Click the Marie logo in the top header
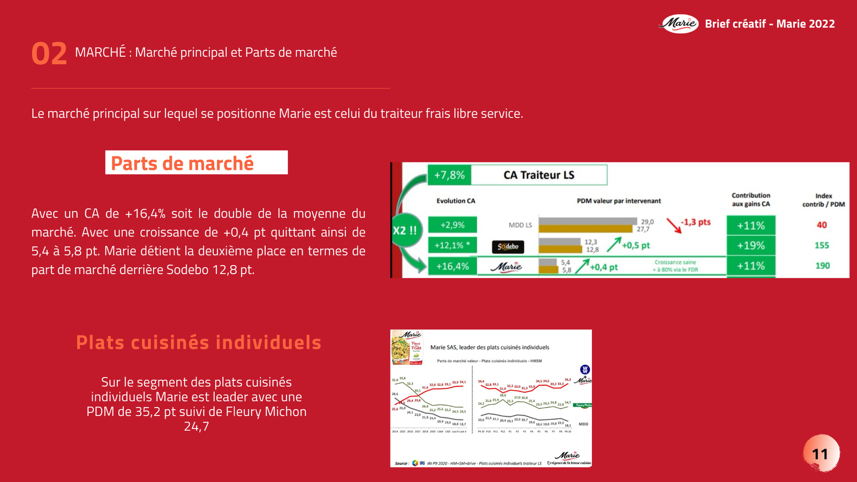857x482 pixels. (x=679, y=24)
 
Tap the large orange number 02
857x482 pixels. (x=49, y=54)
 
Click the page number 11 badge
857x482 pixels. (x=820, y=454)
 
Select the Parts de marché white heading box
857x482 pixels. (x=196, y=163)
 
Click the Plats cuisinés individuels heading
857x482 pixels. (x=199, y=343)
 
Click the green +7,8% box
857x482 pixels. (x=449, y=175)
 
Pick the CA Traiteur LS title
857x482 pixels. (x=539, y=175)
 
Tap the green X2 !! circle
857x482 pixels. (x=406, y=230)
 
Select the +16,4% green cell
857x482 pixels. (x=452, y=266)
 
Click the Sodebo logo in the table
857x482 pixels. (x=508, y=246)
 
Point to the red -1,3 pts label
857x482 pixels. (x=695, y=222)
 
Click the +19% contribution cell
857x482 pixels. (x=750, y=246)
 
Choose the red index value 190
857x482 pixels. (x=822, y=266)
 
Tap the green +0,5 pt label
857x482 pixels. (x=635, y=245)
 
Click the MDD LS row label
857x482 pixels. (x=520, y=225)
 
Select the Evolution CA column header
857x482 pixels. (x=455, y=201)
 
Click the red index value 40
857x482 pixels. (x=822, y=225)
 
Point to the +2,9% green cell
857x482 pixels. (x=452, y=225)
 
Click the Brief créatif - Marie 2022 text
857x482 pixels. (x=770, y=24)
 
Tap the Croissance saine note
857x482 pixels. (x=675, y=266)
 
